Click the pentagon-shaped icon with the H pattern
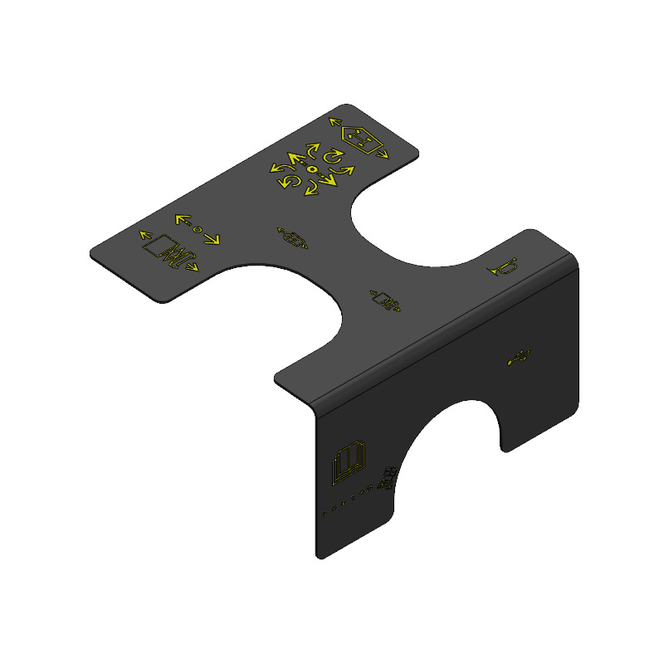click(x=360, y=138)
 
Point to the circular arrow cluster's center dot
click(x=312, y=169)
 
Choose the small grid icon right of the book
click(x=387, y=479)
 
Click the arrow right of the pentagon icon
click(x=380, y=154)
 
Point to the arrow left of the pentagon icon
click(x=336, y=122)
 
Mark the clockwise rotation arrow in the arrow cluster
click(x=333, y=157)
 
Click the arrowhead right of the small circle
click(x=212, y=239)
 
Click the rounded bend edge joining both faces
click(x=440, y=332)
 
